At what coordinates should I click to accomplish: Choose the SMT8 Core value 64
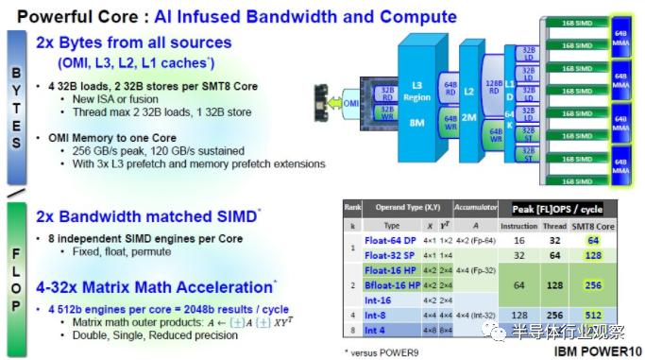click(592, 240)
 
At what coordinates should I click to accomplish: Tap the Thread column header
click(556, 226)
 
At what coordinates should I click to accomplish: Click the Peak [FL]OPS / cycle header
click(557, 209)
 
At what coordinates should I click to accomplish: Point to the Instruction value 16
click(519, 240)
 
